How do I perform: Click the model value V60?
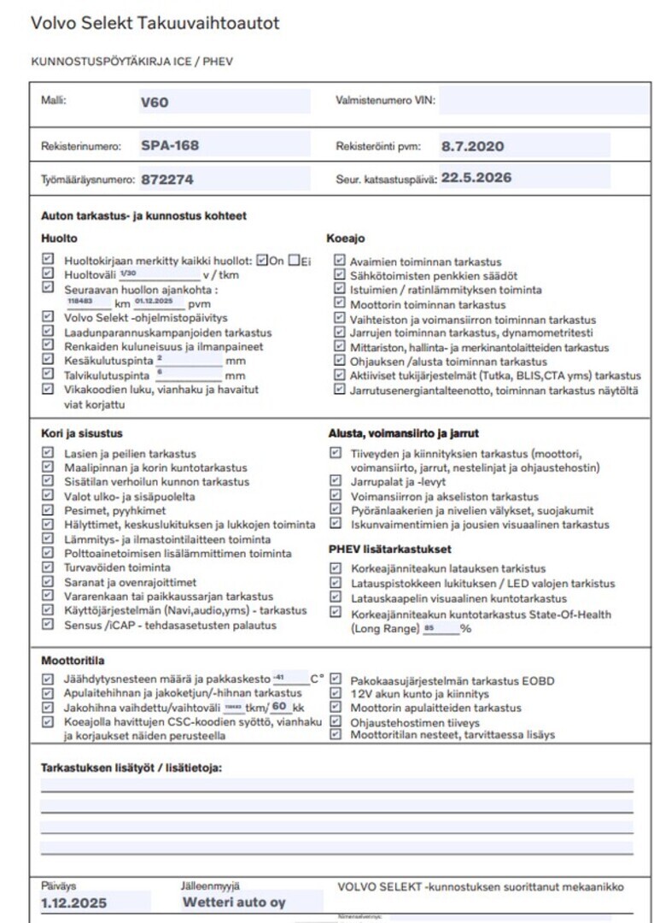155,103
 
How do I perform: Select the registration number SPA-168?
170,145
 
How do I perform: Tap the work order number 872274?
166,180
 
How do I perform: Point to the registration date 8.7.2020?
472,146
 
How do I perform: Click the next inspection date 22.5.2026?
476,179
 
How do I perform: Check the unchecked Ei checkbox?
295,261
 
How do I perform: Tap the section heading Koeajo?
346,239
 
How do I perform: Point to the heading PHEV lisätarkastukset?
389,549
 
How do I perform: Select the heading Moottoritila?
73,661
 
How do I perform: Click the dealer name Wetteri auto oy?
234,902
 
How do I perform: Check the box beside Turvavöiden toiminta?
48,567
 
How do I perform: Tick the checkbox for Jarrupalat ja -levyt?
336,481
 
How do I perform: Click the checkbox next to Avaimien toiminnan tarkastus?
339,262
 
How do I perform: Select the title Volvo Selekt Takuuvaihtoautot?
155,23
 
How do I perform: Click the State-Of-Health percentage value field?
441,629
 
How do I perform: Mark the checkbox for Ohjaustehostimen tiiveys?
336,721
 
